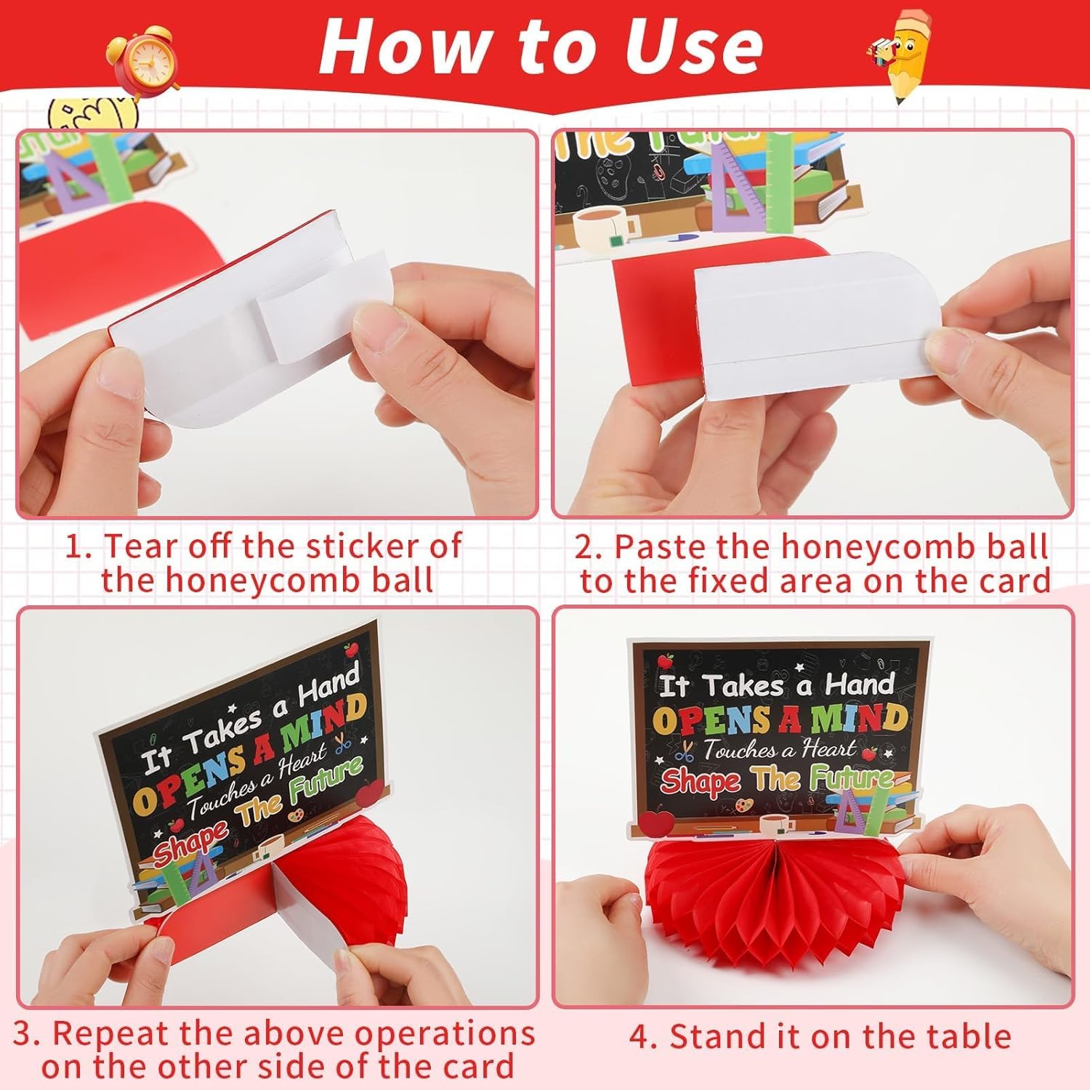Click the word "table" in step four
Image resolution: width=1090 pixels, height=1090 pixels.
click(967, 1036)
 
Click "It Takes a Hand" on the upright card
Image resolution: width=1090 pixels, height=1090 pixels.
click(776, 685)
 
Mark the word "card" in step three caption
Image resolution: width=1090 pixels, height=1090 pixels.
click(480, 1067)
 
